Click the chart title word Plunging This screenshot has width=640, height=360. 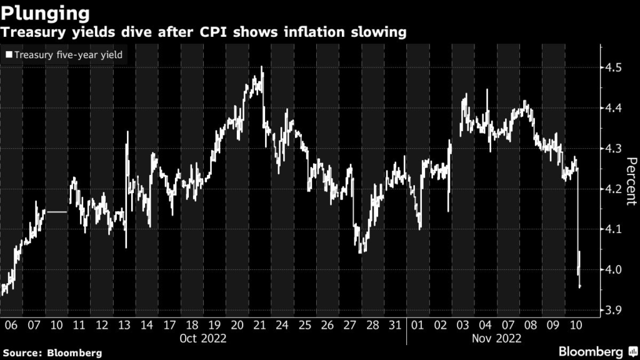[44, 12]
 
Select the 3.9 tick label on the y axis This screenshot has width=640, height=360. [612, 311]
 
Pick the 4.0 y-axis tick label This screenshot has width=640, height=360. [612, 270]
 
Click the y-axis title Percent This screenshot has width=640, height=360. [631, 181]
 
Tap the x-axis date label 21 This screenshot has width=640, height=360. [259, 325]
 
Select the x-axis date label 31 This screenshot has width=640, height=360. [395, 325]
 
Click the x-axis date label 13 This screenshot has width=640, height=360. [124, 325]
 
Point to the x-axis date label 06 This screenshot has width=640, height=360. [11, 325]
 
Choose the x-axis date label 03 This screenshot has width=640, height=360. [462, 325]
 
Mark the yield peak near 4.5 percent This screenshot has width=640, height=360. [261, 67]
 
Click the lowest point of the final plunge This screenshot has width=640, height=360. [581, 287]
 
